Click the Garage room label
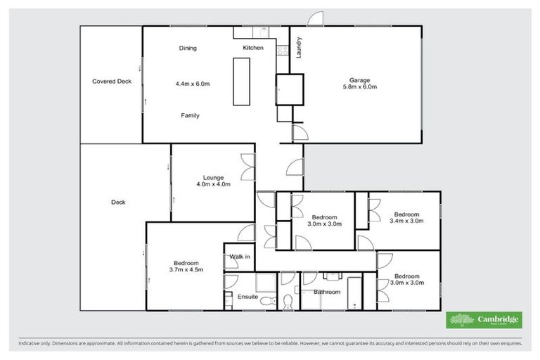(x=359, y=79)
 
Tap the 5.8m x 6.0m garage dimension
(x=359, y=87)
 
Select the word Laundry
(x=299, y=47)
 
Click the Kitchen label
(x=253, y=48)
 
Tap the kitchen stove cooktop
(x=282, y=50)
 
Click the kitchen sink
(x=262, y=32)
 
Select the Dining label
(x=188, y=49)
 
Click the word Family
(x=190, y=115)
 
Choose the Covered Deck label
(x=112, y=82)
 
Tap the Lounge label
(x=213, y=177)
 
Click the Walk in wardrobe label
(x=239, y=257)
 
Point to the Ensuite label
(x=247, y=296)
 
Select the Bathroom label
(x=327, y=292)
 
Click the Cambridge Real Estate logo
(x=484, y=321)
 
